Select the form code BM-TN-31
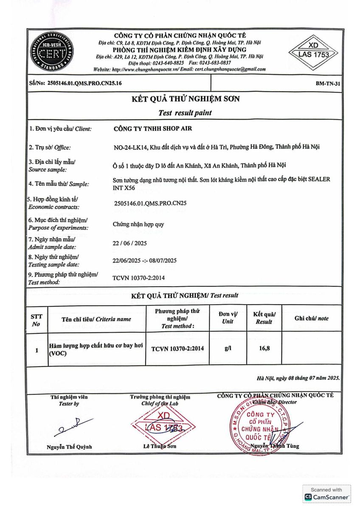328,84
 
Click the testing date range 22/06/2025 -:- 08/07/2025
145,260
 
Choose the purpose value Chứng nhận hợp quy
138,224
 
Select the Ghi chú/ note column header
311,319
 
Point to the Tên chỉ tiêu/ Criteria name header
96,319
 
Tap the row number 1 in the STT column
37,350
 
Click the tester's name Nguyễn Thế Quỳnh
69,447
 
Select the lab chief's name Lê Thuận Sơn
160,446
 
